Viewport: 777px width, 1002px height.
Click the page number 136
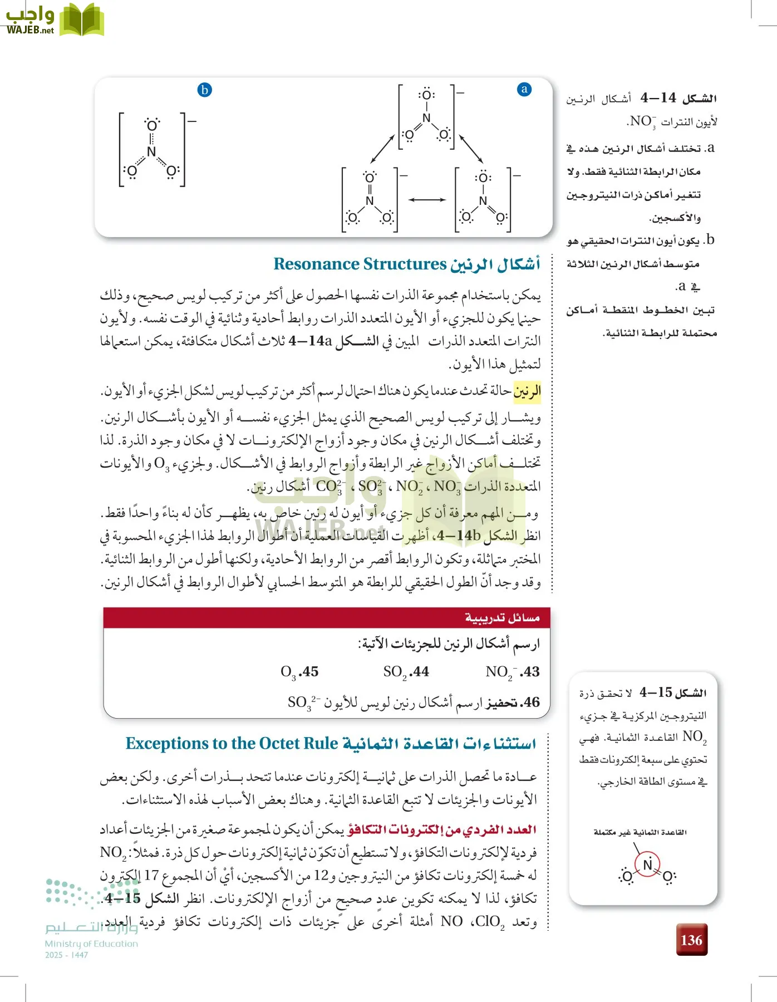[691, 940]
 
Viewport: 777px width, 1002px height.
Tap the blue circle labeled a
[524, 90]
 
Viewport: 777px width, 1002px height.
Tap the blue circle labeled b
[205, 90]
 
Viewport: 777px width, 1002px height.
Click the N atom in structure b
[151, 151]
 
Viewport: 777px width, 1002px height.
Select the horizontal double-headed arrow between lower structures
[426, 199]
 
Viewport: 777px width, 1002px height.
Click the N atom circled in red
[647, 865]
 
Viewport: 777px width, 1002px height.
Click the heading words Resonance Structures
[360, 264]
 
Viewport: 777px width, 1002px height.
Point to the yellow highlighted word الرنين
[527, 391]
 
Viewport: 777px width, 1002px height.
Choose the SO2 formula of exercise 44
[395, 672]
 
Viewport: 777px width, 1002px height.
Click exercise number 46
[530, 703]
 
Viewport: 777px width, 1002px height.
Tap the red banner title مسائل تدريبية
[502, 618]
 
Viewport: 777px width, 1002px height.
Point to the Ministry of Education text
[91, 944]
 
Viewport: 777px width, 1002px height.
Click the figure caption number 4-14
[658, 99]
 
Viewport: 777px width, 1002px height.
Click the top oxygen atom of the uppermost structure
[426, 94]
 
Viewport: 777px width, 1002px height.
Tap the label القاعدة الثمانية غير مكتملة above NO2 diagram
[640, 832]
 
